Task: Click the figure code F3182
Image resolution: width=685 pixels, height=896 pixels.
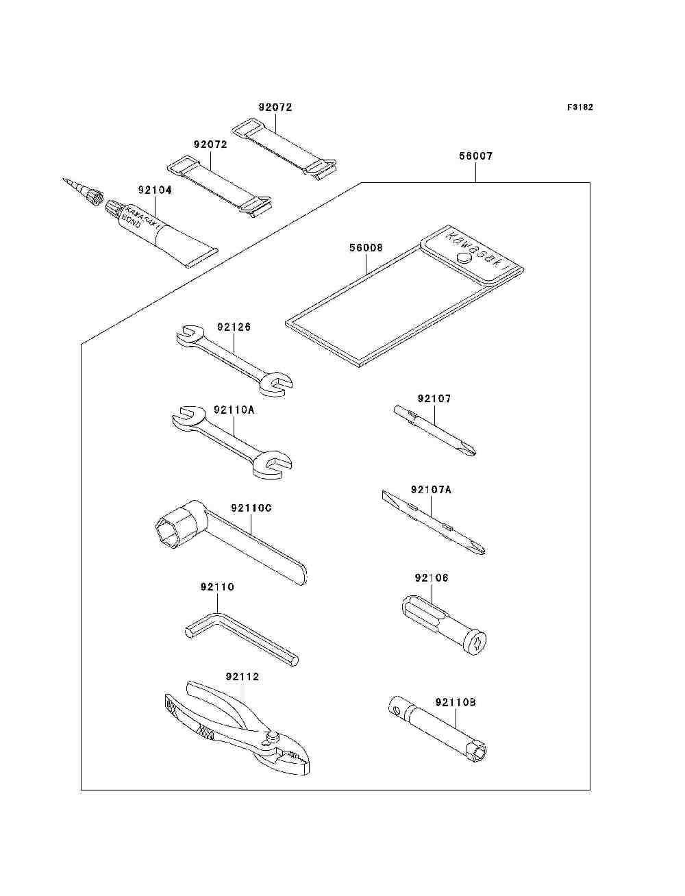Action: (580, 108)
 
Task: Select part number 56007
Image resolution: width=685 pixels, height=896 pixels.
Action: (475, 156)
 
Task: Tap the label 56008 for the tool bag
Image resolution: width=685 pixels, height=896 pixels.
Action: (366, 248)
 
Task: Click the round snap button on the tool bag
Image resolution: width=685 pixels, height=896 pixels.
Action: (463, 258)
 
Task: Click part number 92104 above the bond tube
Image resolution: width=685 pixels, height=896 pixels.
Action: (155, 190)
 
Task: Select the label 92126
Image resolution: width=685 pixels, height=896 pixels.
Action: (234, 327)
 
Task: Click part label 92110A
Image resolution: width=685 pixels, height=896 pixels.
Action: (234, 410)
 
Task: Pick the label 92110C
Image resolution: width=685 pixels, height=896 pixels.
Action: (251, 508)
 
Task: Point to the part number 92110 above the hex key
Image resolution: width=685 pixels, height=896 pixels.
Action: (217, 587)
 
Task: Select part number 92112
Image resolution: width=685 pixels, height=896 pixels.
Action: (242, 677)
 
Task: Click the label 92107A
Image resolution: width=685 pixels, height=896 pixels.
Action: (431, 490)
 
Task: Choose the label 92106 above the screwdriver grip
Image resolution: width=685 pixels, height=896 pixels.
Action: (432, 578)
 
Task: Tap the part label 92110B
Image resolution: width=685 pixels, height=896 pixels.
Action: (456, 703)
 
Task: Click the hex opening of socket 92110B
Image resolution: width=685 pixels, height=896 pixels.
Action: (480, 754)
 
